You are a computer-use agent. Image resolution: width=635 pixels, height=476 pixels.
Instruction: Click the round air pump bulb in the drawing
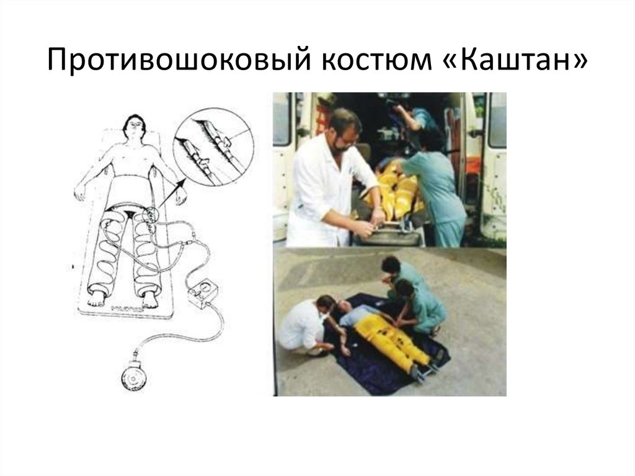pyautogui.click(x=134, y=377)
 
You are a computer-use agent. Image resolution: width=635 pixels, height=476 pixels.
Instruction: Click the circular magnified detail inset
pyautogui.click(x=213, y=146)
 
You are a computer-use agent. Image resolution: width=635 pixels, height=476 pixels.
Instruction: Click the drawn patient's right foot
pyautogui.click(x=96, y=298)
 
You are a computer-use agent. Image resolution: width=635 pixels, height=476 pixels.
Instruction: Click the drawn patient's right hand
pyautogui.click(x=80, y=194)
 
